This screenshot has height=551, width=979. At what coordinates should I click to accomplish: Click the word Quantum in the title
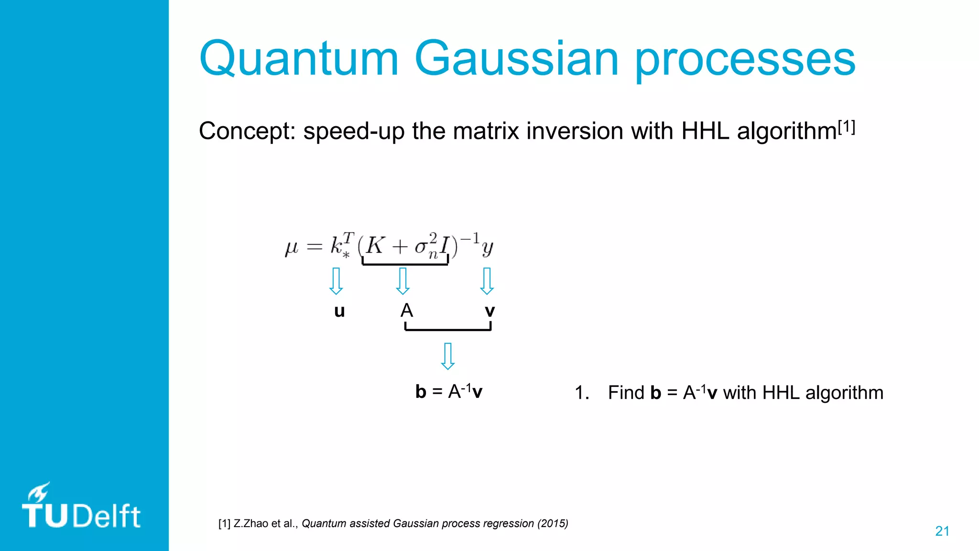tap(299, 59)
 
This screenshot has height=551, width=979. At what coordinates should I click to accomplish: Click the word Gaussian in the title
tap(516, 59)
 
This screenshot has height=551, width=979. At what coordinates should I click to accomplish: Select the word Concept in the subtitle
tap(247, 131)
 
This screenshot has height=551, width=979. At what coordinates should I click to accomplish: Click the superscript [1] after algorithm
tap(846, 127)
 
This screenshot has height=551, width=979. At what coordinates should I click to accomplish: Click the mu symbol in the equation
tap(291, 247)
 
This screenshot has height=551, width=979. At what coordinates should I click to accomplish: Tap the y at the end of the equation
tap(487, 248)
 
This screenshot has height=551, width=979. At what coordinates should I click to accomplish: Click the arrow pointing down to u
tap(336, 281)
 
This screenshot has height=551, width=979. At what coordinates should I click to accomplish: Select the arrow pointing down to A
tap(403, 281)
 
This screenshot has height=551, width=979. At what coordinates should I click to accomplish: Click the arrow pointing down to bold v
tap(487, 281)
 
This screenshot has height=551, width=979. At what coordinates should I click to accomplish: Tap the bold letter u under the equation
tap(339, 311)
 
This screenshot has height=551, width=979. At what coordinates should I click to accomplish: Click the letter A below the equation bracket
tap(406, 311)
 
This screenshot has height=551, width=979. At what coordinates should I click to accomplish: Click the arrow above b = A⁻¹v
tap(447, 356)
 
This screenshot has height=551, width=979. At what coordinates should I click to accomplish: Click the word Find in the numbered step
tap(626, 393)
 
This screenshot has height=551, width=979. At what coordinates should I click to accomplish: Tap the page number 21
tap(942, 531)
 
